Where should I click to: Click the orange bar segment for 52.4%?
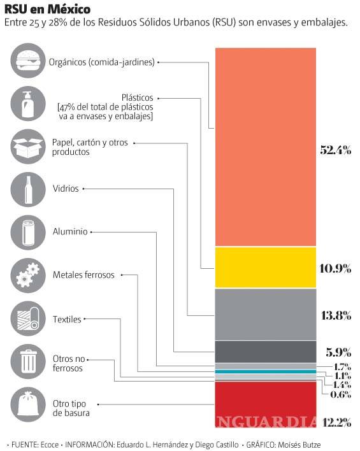(265, 147)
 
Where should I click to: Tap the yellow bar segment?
(265, 267)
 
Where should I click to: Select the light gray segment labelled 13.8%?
(265, 314)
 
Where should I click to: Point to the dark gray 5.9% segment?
(265, 351)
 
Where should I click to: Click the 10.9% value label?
(335, 268)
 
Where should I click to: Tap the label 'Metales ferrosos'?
(83, 275)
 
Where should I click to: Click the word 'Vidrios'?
(66, 189)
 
